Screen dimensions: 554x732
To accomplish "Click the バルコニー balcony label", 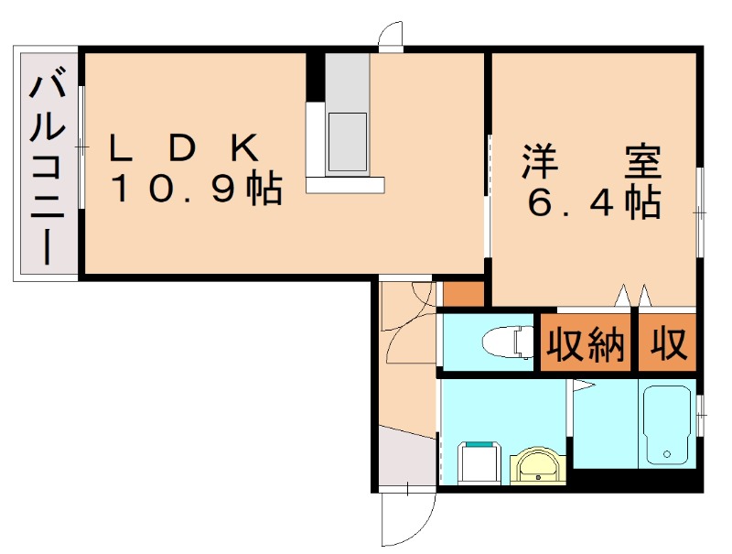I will tap(47, 165).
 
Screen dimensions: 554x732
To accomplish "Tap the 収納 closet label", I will tap(586, 343).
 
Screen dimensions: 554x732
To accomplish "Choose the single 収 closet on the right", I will tap(669, 343).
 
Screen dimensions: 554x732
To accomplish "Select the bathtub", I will tap(669, 426).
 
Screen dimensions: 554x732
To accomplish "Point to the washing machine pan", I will tap(475, 462).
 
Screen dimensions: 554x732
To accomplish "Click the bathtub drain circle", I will tap(669, 453).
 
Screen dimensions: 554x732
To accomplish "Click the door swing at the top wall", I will tap(391, 37).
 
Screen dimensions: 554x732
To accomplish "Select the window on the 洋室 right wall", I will tap(700, 212).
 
